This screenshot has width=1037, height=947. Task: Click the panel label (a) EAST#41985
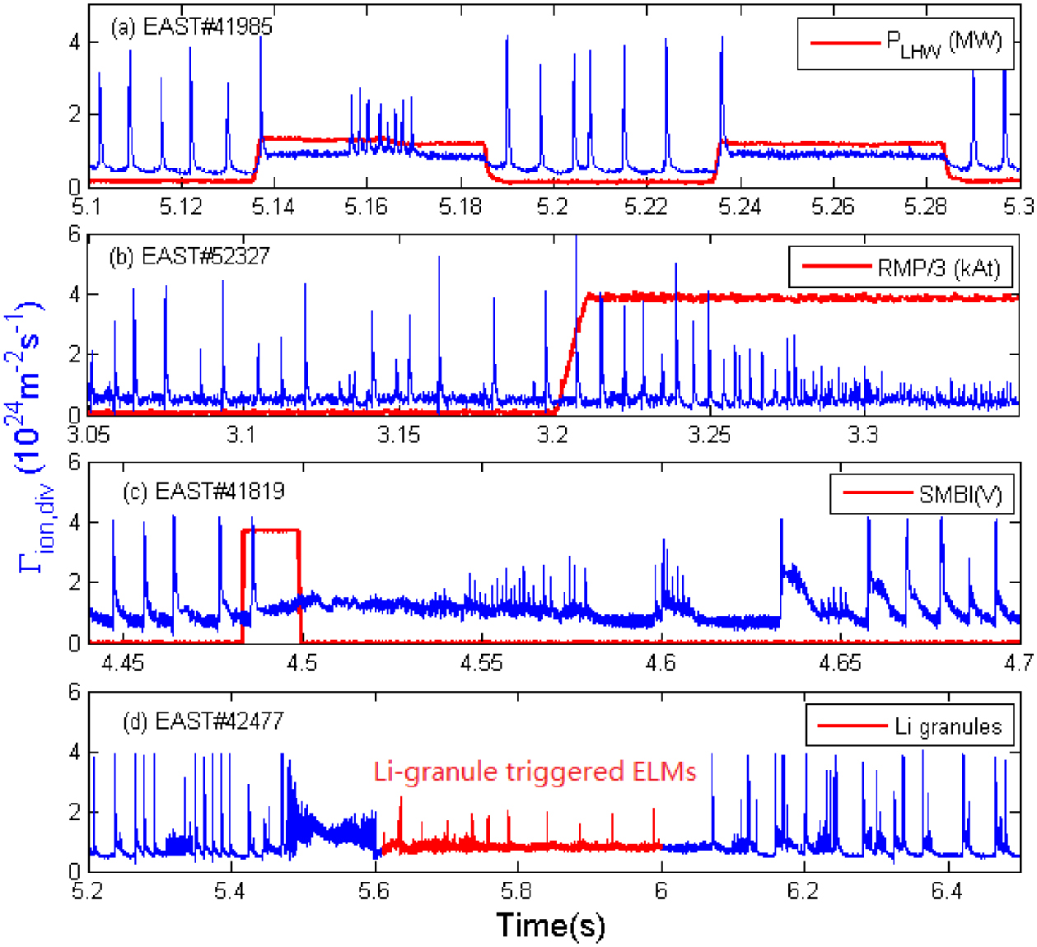coord(191,26)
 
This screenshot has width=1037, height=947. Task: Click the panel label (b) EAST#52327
coord(189,256)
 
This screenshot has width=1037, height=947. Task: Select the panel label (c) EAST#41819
coord(203,492)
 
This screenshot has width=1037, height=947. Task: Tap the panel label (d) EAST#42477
coord(203,721)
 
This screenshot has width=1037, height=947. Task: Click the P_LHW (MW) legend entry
coord(905,43)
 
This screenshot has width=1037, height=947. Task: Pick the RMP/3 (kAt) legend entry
coord(899,268)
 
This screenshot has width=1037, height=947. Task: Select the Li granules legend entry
coord(909,726)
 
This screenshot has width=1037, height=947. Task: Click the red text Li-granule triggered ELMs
coord(535,772)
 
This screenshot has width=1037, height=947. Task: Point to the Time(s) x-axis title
coord(550,925)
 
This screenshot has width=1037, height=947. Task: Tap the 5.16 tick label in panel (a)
coord(365,206)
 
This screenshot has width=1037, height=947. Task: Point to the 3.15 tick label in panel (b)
coord(398,434)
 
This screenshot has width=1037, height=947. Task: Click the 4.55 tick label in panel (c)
coord(481,663)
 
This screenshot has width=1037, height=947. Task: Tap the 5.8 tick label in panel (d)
coord(516,892)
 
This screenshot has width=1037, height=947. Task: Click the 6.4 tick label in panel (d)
coord(946,892)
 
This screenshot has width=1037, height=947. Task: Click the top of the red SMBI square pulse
coord(270,531)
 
